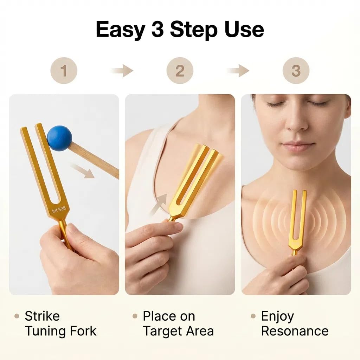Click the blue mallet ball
[59, 138]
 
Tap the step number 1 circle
[64, 70]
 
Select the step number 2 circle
[180, 70]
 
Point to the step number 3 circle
[296, 70]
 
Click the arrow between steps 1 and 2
[122, 70]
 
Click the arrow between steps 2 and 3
[238, 70]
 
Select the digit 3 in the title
[157, 29]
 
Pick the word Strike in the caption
[42, 316]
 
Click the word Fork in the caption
[83, 331]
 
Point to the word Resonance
[295, 331]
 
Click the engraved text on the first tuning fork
[59, 210]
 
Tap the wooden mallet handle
[94, 160]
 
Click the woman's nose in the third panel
[296, 122]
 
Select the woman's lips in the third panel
[297, 147]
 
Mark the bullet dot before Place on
[135, 316]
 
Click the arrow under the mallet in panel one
[83, 171]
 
